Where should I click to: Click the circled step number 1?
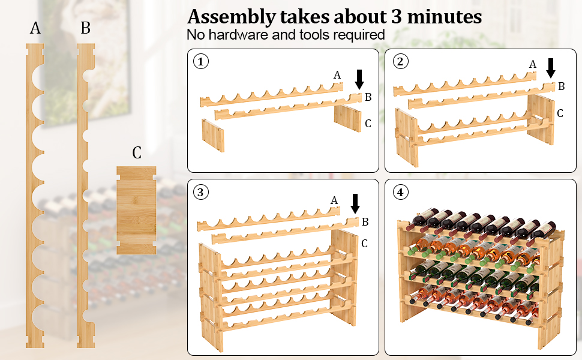click(200, 61)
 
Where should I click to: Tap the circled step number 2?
click(400, 61)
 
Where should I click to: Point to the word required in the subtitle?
click(358, 34)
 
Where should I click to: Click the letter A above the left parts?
click(35, 29)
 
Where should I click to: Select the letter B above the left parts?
click(85, 29)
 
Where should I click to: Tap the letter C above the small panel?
click(137, 153)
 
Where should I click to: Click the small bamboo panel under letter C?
click(136, 209)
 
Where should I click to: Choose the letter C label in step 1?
click(368, 124)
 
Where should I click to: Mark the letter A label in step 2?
click(532, 64)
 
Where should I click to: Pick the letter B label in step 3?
click(365, 222)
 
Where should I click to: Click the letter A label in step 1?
click(337, 75)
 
